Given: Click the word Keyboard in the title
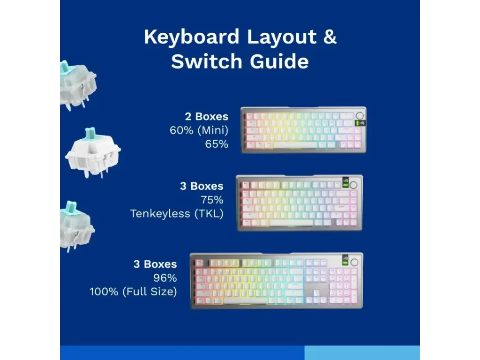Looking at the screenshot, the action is (192, 37).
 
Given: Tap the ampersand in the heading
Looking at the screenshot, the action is (330, 37).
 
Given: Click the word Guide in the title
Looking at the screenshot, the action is (279, 61).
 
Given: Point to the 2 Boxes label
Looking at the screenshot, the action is (207, 116).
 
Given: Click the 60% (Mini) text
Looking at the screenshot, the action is (199, 130).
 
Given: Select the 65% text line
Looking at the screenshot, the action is (217, 144).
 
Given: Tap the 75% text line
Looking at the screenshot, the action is (212, 200).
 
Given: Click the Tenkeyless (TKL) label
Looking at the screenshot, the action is (177, 214).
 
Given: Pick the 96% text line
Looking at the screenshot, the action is (165, 278).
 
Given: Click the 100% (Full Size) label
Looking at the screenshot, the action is (134, 292).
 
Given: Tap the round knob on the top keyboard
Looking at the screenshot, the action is (360, 115).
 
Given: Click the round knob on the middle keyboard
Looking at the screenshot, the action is (353, 185).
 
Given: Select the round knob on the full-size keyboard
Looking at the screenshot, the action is (354, 262).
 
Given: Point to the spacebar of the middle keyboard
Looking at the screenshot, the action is (292, 223).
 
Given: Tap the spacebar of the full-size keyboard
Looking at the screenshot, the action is (245, 301).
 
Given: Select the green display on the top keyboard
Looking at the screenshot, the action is (360, 123).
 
